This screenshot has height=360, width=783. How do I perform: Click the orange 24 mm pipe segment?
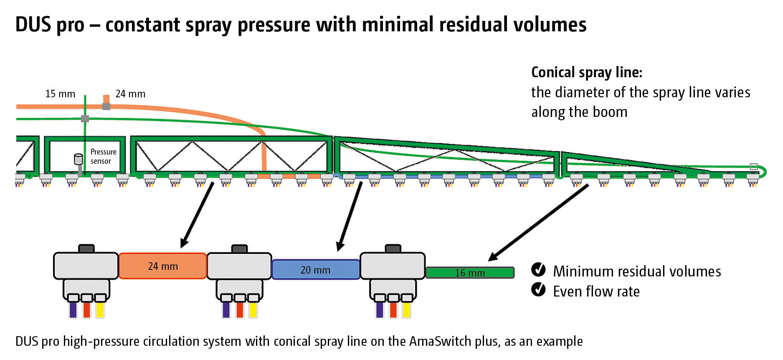pyautogui.click(x=163, y=266)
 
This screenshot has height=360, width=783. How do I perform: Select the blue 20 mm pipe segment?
pyautogui.click(x=316, y=270)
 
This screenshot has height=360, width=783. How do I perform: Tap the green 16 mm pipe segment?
pyautogui.click(x=470, y=273)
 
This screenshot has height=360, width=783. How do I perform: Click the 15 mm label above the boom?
pyautogui.click(x=60, y=94)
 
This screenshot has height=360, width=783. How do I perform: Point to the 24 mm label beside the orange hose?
pyautogui.click(x=130, y=94)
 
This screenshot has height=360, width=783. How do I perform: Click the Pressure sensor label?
pyautogui.click(x=103, y=157)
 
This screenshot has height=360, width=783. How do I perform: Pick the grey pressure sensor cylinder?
pyautogui.click(x=78, y=159)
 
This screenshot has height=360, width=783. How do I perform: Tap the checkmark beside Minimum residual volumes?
pyautogui.click(x=538, y=270)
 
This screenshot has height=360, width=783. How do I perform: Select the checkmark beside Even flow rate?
pyautogui.click(x=538, y=289)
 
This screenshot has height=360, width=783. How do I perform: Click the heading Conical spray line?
pyautogui.click(x=586, y=72)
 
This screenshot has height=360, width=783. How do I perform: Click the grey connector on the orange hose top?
pyautogui.click(x=106, y=106)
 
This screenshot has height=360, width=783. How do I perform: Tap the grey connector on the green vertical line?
pyautogui.click(x=85, y=119)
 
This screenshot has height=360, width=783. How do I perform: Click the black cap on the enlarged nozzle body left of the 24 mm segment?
pyautogui.click(x=86, y=248)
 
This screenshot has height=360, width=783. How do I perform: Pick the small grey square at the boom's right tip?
pyautogui.click(x=754, y=166)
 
